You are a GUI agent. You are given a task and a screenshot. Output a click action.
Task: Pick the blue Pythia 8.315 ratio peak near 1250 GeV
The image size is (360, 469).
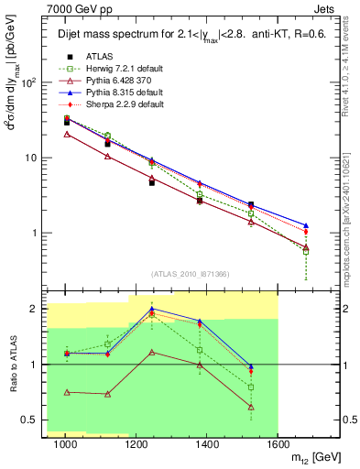pos(151,310)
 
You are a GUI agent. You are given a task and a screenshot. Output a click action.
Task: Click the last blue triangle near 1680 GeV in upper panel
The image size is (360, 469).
pos(306,224)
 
